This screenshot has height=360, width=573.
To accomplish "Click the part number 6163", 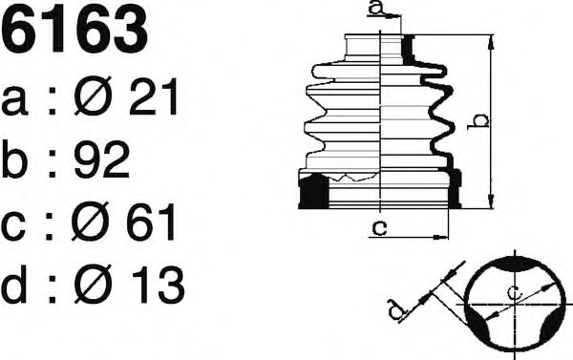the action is click(74, 30).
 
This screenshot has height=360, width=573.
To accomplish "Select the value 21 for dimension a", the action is click(154, 96).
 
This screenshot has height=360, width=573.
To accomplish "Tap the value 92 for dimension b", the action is click(101, 159).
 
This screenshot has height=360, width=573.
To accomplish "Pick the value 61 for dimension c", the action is click(151, 222).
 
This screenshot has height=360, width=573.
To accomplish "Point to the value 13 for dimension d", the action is click(158, 285).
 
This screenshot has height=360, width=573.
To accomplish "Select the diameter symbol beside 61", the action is click(91, 222).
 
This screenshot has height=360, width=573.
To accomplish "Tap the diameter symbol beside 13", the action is click(93, 284).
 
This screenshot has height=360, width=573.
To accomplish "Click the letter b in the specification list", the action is click(14, 159).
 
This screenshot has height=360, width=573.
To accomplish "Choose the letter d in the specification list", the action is click(14, 285).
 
